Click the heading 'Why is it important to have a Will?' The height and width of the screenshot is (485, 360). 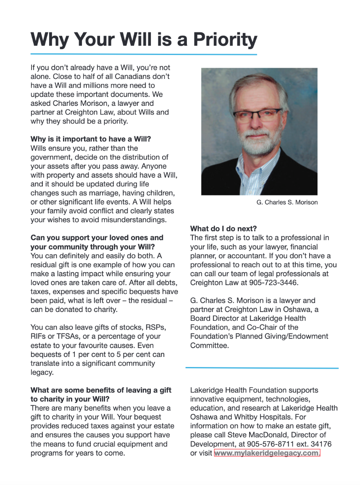click(x=90, y=139)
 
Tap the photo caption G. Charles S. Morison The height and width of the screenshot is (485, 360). click(x=287, y=202)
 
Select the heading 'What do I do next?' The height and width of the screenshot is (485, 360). click(x=223, y=228)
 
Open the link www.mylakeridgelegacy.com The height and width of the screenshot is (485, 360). click(x=267, y=453)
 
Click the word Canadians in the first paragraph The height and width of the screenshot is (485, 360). click(x=150, y=76)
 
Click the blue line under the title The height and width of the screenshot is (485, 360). click(x=143, y=54)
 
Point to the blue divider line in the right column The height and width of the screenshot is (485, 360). click(x=262, y=368)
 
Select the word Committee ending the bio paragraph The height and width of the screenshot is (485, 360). click(x=209, y=346)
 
